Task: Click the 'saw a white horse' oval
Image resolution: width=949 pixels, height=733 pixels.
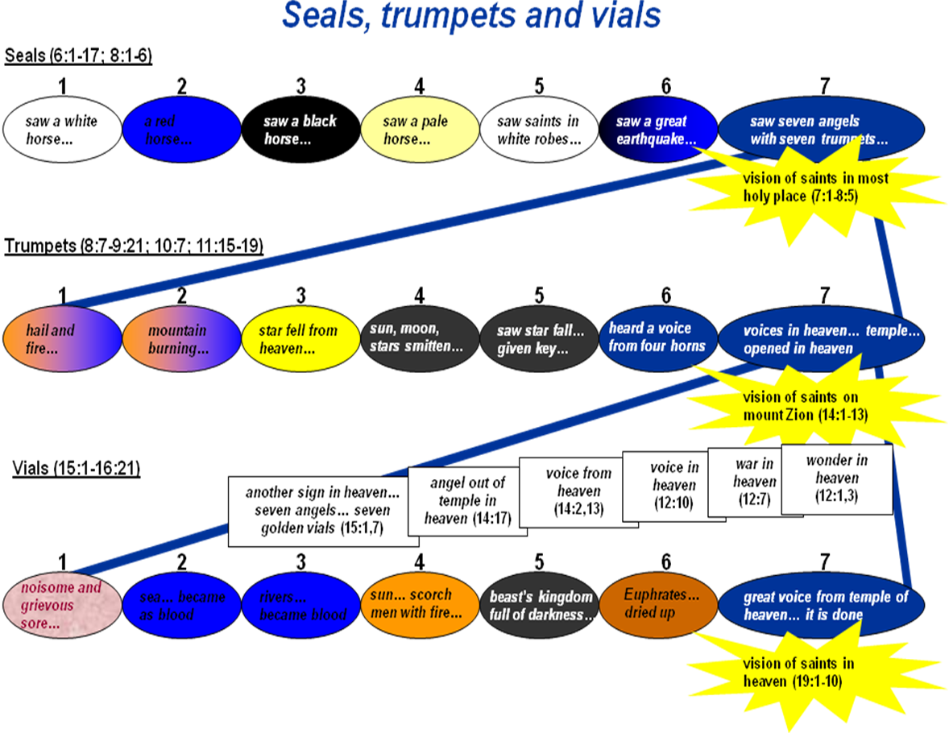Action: (61, 130)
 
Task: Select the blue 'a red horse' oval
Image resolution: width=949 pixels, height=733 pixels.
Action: (181, 130)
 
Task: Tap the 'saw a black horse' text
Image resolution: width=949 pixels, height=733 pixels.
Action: (300, 130)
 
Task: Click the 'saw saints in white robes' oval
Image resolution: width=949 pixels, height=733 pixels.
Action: (538, 130)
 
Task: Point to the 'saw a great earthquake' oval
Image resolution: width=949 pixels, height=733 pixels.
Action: (657, 130)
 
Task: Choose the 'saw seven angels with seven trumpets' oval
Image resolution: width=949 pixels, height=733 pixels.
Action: (820, 130)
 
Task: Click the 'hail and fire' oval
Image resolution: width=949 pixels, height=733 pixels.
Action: (61, 339)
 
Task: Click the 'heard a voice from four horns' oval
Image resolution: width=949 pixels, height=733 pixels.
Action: (657, 337)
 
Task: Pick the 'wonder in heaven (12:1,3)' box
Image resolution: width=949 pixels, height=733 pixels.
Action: (836, 478)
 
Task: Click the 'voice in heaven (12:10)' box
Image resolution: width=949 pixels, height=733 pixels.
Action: (673, 486)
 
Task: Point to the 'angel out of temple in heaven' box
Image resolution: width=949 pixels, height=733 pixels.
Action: (467, 500)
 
